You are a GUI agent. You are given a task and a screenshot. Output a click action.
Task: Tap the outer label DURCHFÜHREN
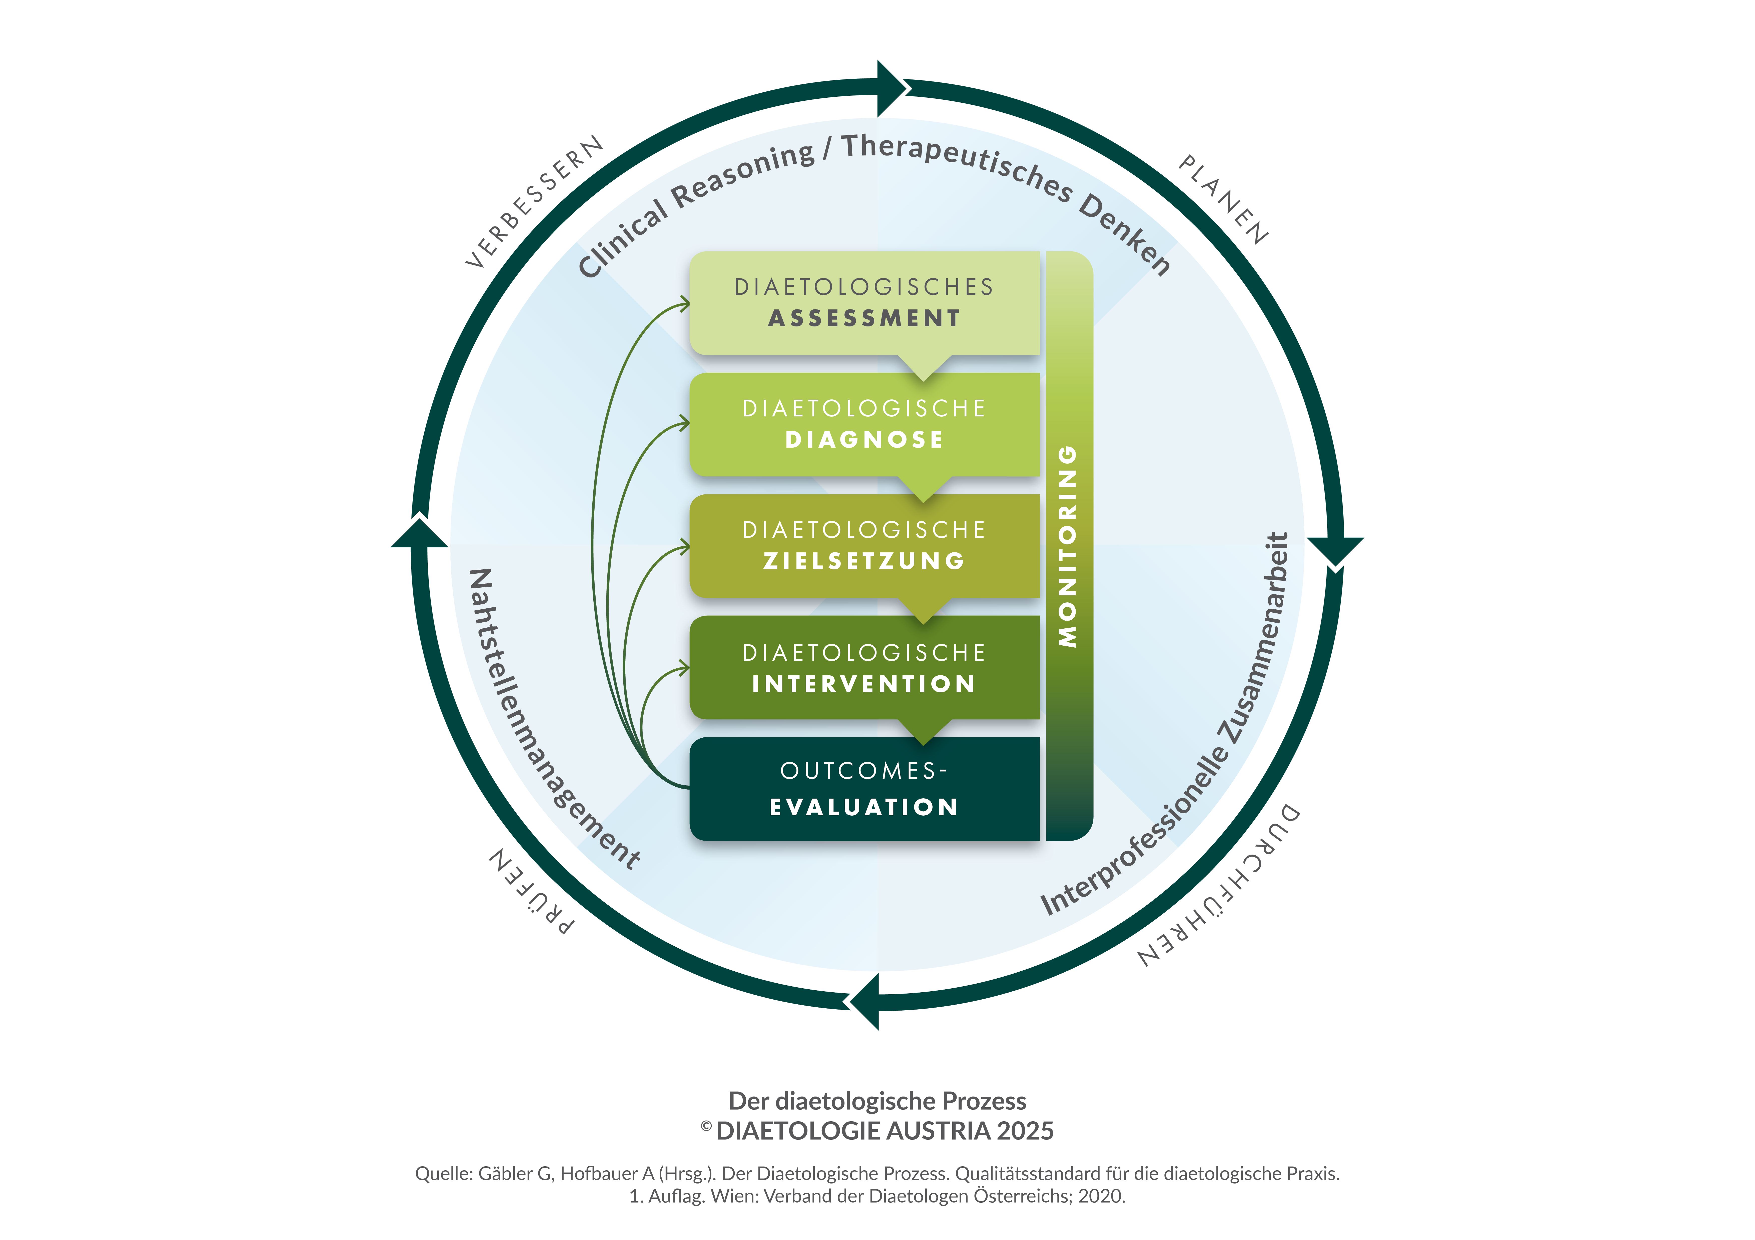pyautogui.click(x=1219, y=886)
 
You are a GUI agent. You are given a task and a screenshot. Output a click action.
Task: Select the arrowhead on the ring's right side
pyautogui.click(x=1335, y=550)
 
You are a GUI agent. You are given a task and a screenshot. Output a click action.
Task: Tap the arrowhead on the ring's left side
pyautogui.click(x=420, y=535)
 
